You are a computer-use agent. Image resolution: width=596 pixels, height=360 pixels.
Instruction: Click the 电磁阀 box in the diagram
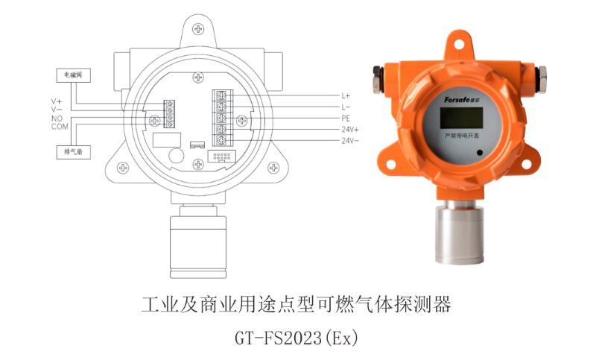tap(72, 75)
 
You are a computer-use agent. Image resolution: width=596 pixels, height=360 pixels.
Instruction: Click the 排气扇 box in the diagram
tap(72, 152)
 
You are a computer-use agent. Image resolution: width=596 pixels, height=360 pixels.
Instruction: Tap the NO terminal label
tap(56, 118)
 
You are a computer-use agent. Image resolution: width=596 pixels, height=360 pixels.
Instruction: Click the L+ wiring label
tap(346, 96)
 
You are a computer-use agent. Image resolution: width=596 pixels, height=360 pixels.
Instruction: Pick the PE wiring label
tap(346, 119)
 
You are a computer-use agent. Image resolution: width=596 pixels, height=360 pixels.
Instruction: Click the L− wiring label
tap(346, 107)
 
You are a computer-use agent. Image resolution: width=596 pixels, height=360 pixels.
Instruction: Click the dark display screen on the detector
tap(457, 117)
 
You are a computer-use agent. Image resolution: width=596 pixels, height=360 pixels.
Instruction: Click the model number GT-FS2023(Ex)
tap(297, 338)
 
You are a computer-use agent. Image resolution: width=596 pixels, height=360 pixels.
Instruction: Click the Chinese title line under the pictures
tap(297, 305)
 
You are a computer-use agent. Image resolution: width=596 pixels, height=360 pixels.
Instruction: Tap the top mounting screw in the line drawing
tap(198, 28)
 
